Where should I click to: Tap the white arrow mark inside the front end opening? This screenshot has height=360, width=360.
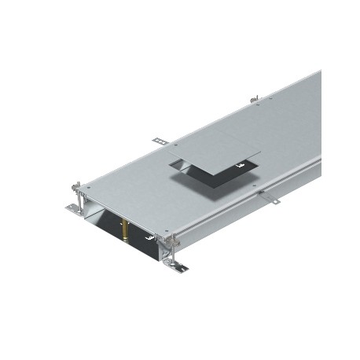tap(148, 233)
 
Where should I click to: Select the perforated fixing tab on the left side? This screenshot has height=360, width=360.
tap(160, 141)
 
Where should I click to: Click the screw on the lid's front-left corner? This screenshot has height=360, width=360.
tap(88, 189)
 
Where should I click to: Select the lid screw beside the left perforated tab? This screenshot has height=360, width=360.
tap(177, 145)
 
